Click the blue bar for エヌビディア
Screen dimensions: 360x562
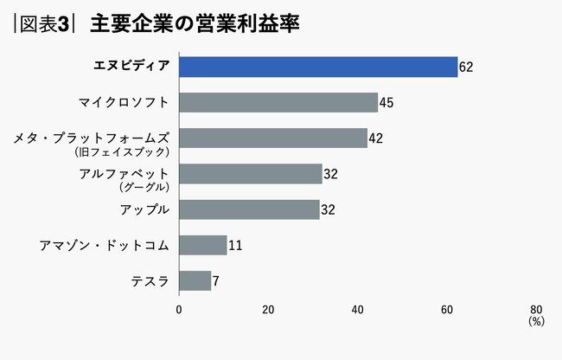(318, 67)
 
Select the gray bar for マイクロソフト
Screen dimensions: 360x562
(278, 102)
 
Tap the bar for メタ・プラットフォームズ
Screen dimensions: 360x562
(273, 138)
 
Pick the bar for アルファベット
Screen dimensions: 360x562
(251, 174)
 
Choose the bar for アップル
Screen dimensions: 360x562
(249, 209)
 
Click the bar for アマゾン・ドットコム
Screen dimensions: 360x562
(203, 245)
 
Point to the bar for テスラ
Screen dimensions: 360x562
(195, 280)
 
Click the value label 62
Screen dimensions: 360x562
(466, 67)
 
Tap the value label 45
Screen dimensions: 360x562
(386, 103)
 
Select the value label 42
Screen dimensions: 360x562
(375, 138)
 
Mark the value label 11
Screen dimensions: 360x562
(234, 246)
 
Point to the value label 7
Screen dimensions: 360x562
(215, 281)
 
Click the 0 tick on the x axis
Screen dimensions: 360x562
(179, 309)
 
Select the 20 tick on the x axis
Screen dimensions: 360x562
(268, 309)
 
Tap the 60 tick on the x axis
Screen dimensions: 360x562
(447, 309)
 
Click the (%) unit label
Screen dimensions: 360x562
(536, 321)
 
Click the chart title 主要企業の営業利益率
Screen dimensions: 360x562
(194, 23)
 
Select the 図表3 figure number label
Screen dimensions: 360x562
(43, 23)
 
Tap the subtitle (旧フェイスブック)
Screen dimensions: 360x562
(134, 151)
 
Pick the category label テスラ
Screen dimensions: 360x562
(150, 281)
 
